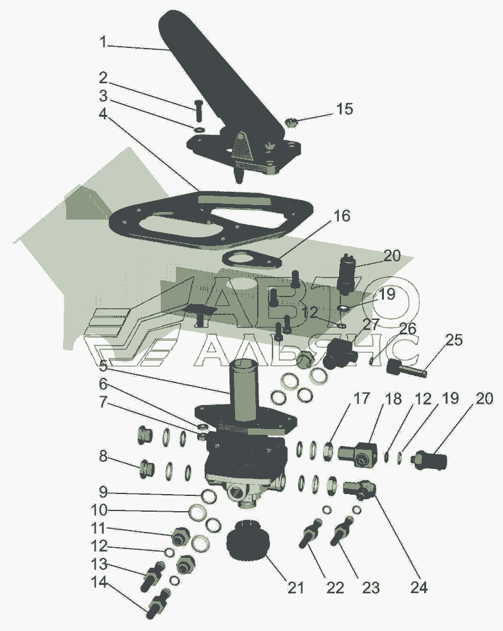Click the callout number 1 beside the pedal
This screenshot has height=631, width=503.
tap(103, 43)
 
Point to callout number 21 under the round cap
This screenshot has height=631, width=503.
tap(295, 587)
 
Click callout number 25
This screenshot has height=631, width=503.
tap(454, 340)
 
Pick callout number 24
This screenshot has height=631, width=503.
tap(418, 587)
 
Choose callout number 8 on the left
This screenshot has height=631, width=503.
tap(102, 456)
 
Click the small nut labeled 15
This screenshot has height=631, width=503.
tap(292, 121)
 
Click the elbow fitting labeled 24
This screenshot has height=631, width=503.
tap(360, 489)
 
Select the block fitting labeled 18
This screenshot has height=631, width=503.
tap(360, 454)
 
